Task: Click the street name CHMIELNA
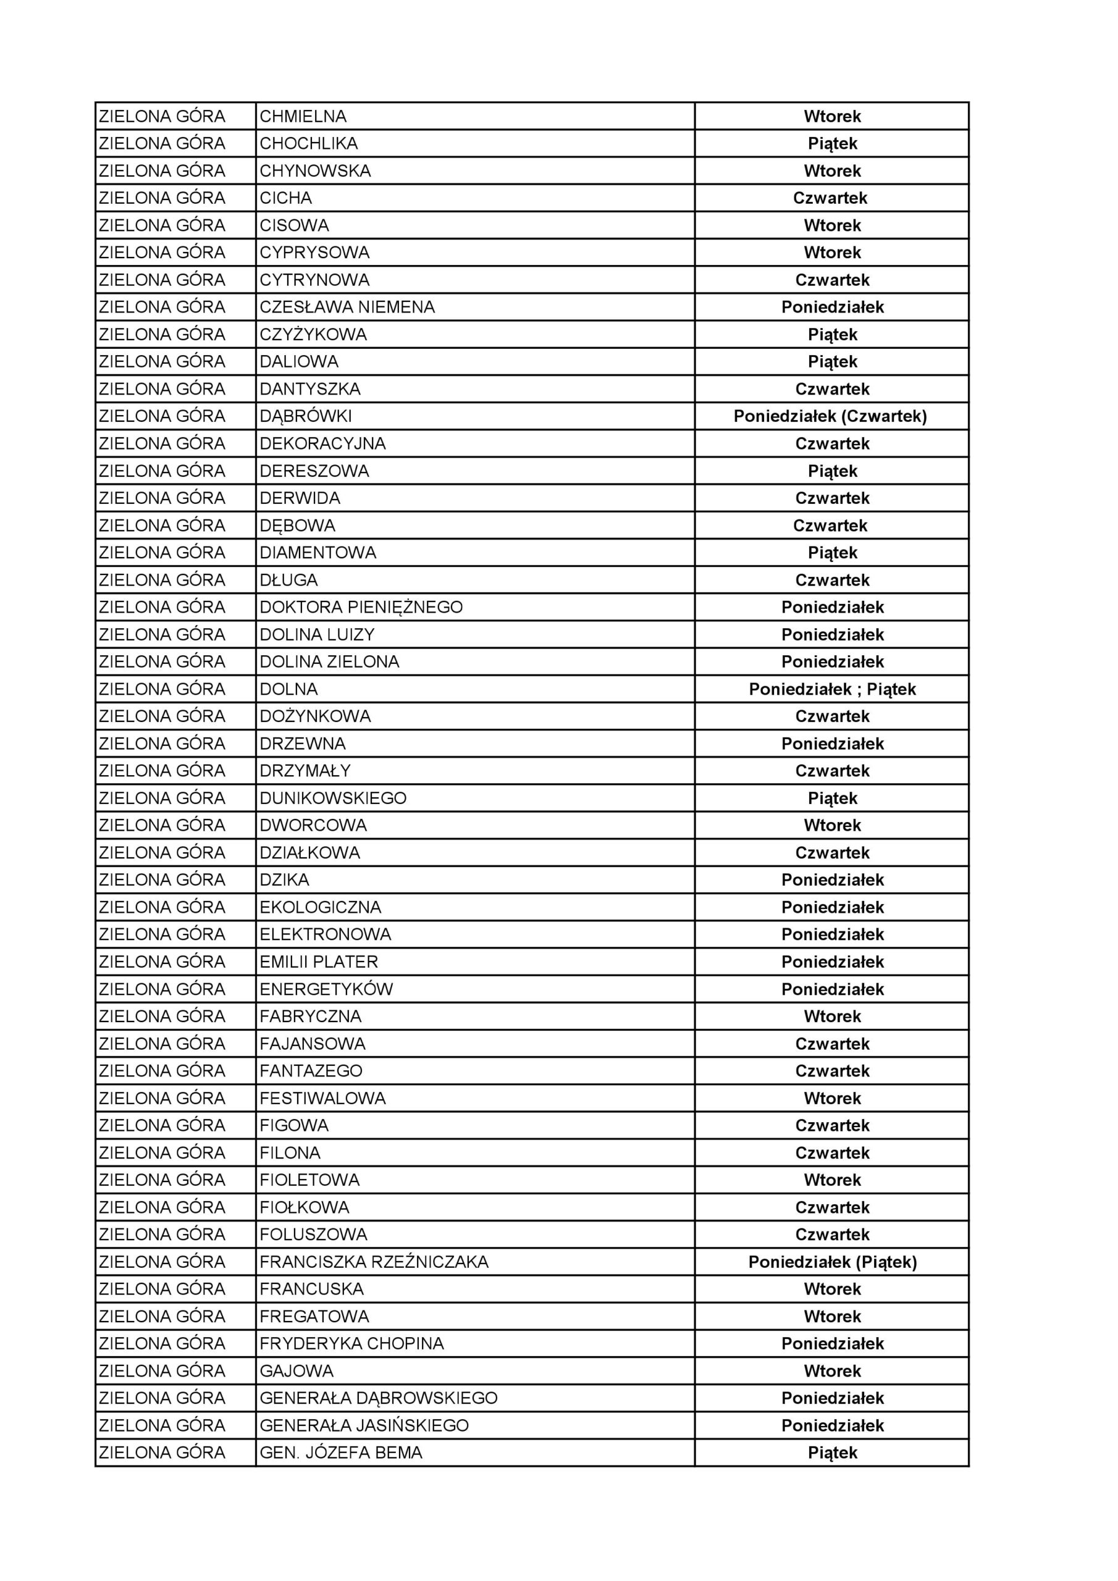303,116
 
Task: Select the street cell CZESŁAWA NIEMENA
347,307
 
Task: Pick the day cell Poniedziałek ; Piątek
832,689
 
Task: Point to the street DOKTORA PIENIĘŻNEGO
361,607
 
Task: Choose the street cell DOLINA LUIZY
317,634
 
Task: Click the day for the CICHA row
830,198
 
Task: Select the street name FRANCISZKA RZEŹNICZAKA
374,1262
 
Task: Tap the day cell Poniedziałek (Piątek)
832,1262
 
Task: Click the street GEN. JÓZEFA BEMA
341,1453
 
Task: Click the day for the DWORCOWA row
832,826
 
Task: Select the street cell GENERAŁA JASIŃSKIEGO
364,1425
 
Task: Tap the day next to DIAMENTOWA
832,553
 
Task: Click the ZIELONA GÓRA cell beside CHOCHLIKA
162,144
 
